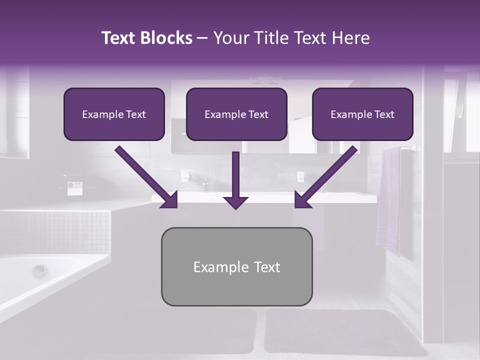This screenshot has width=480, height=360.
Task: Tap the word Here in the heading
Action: [x=349, y=38]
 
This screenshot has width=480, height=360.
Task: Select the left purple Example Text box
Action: [x=114, y=114]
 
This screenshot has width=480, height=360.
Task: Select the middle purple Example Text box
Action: [x=236, y=114]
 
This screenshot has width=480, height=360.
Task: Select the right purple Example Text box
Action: [x=362, y=114]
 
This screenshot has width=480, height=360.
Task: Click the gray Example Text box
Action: [x=236, y=266]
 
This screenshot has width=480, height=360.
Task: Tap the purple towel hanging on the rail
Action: [x=388, y=200]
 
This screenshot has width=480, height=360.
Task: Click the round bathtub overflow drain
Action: [x=39, y=271]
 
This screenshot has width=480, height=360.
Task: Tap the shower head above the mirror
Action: [x=265, y=79]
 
